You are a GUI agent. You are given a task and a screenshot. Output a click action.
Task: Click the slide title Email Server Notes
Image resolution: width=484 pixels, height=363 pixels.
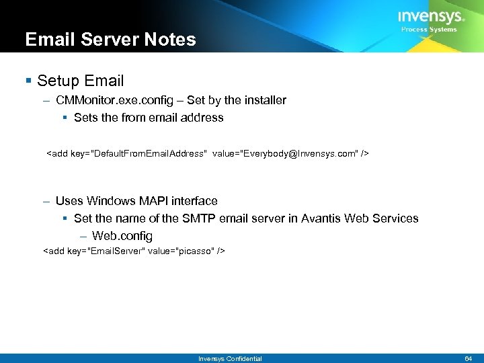pyautogui.click(x=110, y=40)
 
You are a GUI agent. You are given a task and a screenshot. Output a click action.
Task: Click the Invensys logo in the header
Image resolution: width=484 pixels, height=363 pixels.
pyautogui.click(x=430, y=17)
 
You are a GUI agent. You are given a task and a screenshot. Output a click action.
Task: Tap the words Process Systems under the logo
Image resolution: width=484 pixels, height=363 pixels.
pyautogui.click(x=429, y=30)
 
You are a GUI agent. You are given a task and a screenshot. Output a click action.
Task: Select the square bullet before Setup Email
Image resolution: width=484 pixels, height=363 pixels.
pyautogui.click(x=28, y=81)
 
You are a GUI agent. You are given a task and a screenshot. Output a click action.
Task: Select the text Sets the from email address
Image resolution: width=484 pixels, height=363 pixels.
pyautogui.click(x=149, y=118)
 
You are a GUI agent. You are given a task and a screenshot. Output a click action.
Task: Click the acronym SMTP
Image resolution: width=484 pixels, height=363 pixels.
pyautogui.click(x=199, y=218)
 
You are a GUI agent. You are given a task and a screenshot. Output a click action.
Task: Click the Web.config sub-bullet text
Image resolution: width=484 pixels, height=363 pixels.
pyautogui.click(x=122, y=236)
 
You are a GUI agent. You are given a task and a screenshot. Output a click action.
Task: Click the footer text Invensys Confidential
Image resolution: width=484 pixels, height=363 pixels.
pyautogui.click(x=230, y=359)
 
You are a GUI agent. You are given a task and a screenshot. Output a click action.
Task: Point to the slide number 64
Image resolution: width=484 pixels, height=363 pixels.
pyautogui.click(x=469, y=359)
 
